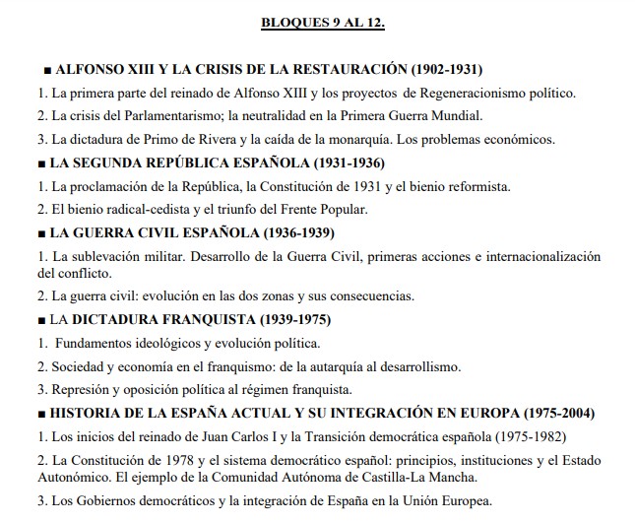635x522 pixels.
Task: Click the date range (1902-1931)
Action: click(445, 71)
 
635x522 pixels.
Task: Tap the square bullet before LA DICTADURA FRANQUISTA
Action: click(39, 321)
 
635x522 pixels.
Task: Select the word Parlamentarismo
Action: click(135, 116)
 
